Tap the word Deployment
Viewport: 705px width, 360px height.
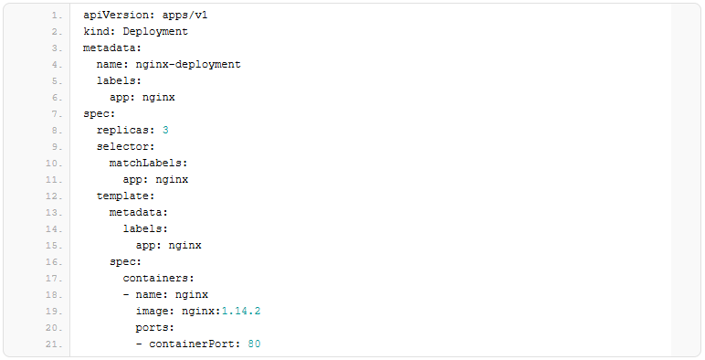pos(155,31)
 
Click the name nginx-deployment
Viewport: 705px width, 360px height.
pos(188,64)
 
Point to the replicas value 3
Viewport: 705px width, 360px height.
pos(165,130)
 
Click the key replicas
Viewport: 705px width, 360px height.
pos(122,131)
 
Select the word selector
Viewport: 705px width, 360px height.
pos(122,147)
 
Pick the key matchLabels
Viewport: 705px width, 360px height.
pos(146,163)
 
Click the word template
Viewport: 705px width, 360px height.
pos(122,196)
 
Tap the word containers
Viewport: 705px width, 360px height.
pos(155,278)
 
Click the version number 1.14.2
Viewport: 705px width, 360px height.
pos(241,311)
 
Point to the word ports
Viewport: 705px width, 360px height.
pos(152,328)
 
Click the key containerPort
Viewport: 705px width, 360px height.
pos(192,344)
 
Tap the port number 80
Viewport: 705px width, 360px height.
pos(254,344)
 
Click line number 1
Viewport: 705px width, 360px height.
pos(57,16)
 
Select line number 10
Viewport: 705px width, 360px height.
pos(54,164)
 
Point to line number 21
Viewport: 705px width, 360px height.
pos(54,344)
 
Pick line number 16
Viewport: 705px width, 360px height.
pos(54,262)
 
